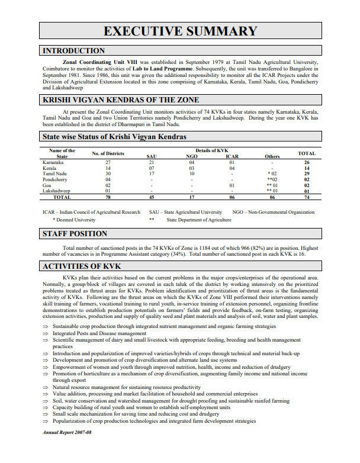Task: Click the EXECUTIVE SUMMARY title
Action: click(x=180, y=31)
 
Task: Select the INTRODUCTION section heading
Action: click(x=74, y=51)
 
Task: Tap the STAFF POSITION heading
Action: click(x=75, y=234)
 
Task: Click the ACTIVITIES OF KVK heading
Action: click(x=82, y=266)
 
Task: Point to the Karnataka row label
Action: click(x=53, y=162)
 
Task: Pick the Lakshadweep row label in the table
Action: click(x=56, y=191)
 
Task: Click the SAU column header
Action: click(x=152, y=156)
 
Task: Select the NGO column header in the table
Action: click(x=191, y=156)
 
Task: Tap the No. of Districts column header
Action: click(x=108, y=153)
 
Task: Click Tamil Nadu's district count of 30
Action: click(x=108, y=173)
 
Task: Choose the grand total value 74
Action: click(x=307, y=198)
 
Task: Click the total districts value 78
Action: click(x=108, y=198)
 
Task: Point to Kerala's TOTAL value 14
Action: click(x=307, y=168)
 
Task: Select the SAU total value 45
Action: click(x=152, y=198)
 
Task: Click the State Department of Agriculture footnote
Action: click(x=199, y=220)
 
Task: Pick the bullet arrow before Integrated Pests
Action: click(x=46, y=334)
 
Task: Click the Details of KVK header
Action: click(x=211, y=151)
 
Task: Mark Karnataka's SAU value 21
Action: click(x=152, y=162)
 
